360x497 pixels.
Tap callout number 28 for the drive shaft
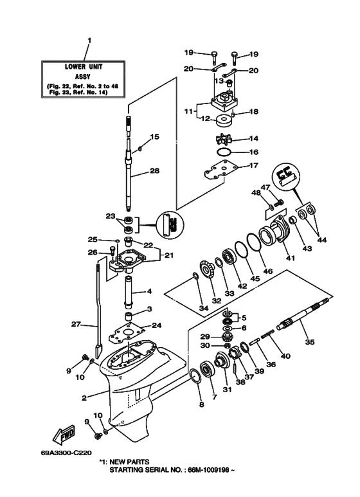point(154,170)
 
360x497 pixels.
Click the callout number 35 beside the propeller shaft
point(310,343)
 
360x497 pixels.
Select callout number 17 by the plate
point(253,165)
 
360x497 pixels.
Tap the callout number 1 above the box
point(89,41)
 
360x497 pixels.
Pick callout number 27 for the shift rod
point(75,324)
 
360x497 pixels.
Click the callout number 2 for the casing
point(84,397)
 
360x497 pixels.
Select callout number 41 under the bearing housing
point(273,258)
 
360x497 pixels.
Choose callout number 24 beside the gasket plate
point(157,325)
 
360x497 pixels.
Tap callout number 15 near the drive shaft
point(154,136)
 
